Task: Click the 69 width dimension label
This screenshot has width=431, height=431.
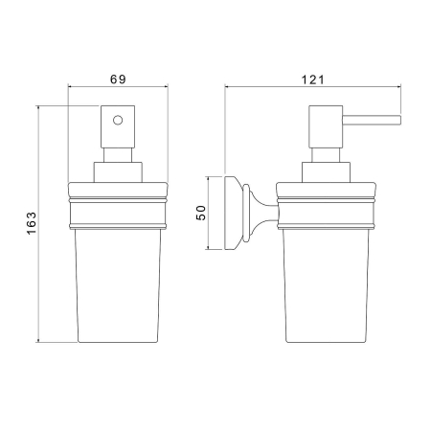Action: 118,79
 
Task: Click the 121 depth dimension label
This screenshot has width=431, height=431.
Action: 313,79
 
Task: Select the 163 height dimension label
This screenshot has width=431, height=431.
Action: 32,223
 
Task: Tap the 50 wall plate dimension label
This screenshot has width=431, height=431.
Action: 201,213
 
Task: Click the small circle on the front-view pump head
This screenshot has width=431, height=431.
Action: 118,121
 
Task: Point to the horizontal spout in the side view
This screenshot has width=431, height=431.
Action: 372,120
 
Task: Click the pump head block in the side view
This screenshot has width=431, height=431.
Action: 326,126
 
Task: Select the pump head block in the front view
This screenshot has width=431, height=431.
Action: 118,126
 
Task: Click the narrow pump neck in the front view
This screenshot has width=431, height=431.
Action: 118,155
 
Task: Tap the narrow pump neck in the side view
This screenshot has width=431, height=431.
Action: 326,155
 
